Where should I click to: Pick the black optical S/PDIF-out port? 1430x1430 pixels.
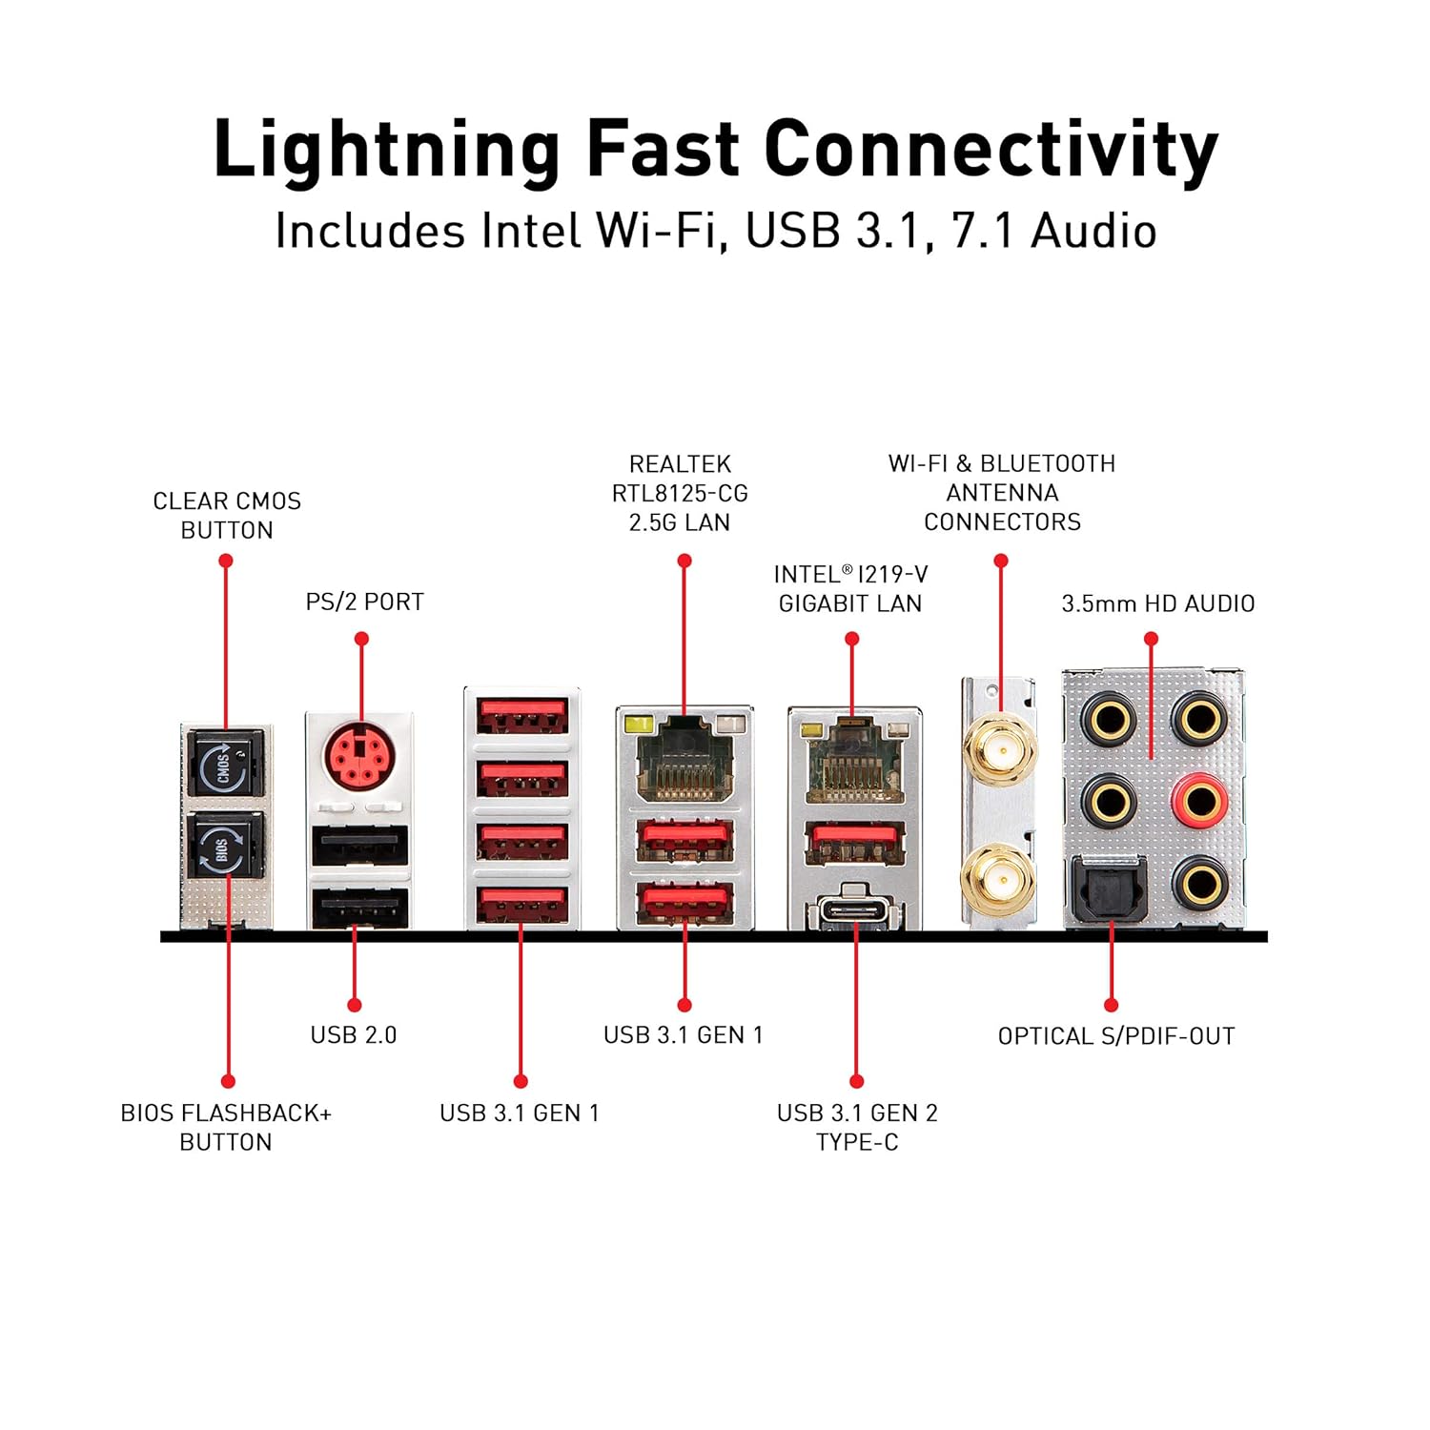[x=1110, y=889]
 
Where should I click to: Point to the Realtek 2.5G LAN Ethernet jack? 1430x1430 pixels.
[x=684, y=758]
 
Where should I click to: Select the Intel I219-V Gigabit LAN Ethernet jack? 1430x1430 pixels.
[x=853, y=760]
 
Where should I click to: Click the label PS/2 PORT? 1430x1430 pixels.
[x=364, y=603]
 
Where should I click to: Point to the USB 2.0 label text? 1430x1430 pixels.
[x=354, y=1035]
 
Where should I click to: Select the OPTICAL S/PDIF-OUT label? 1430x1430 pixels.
[x=1116, y=1036]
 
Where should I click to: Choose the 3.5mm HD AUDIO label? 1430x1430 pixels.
[x=1157, y=603]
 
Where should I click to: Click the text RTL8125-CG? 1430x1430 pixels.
[x=680, y=494]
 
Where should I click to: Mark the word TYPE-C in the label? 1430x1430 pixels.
[x=857, y=1142]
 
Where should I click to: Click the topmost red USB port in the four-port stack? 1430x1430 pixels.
[x=522, y=715]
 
